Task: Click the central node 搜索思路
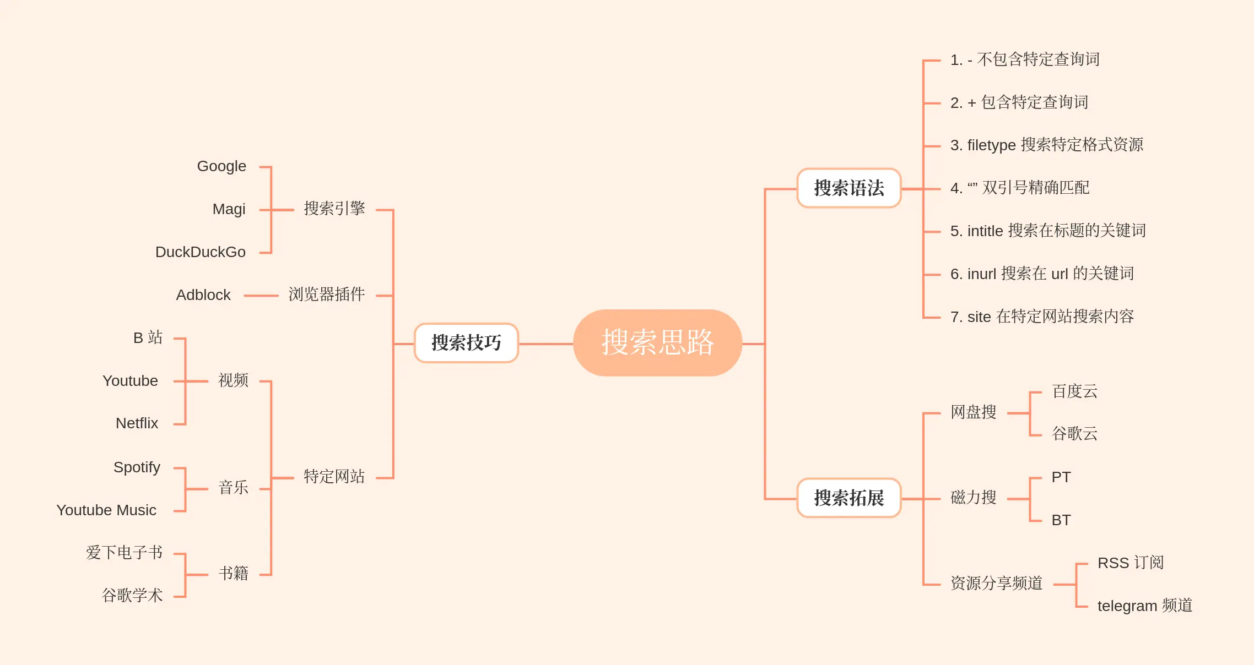point(657,342)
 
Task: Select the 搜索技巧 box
point(466,343)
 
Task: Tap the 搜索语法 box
point(848,188)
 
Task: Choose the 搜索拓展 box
point(848,498)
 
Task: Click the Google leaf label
point(221,166)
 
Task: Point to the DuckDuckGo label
point(200,252)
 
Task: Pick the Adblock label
point(203,295)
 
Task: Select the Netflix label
point(137,423)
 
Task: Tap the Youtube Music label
point(106,510)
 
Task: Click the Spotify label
point(137,467)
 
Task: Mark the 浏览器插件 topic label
point(326,295)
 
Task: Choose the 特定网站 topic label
point(334,477)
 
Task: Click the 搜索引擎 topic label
point(334,209)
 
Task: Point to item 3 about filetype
point(1046,145)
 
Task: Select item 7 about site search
point(1042,317)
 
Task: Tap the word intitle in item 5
point(985,231)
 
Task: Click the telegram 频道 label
point(1144,606)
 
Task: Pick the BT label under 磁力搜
point(1061,520)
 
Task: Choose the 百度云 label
point(1074,391)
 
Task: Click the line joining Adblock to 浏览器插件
point(261,296)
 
